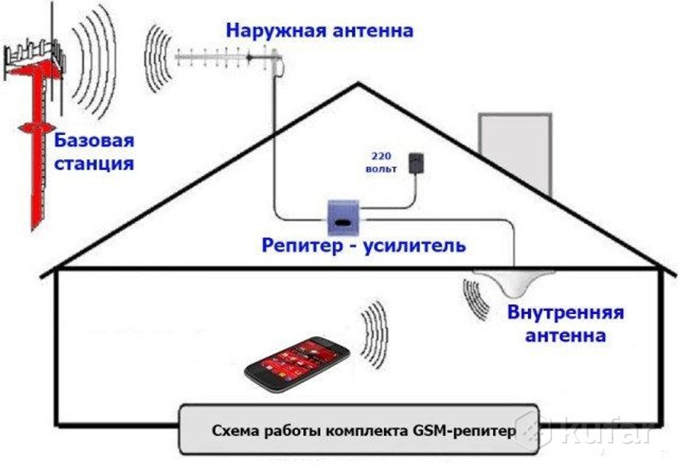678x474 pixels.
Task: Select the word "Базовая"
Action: [94, 141]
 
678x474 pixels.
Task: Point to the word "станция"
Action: [94, 164]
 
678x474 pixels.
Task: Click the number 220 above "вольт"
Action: [380, 156]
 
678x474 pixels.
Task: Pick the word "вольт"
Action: [381, 169]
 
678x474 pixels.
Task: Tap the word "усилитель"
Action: [414, 245]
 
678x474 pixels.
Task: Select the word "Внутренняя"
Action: [565, 313]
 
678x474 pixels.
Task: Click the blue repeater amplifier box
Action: [343, 217]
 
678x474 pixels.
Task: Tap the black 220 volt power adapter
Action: [416, 164]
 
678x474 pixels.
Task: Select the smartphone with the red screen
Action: [297, 364]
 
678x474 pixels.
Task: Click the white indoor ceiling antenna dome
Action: [514, 283]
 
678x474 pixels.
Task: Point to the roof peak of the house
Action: [358, 83]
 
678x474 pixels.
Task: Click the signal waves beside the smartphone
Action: [374, 335]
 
